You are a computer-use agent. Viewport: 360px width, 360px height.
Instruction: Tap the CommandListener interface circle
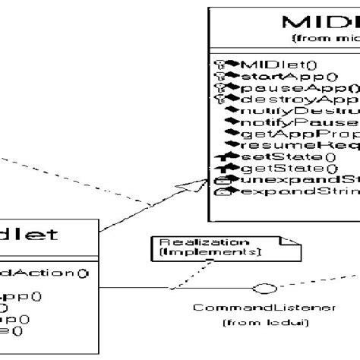tap(264, 289)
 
